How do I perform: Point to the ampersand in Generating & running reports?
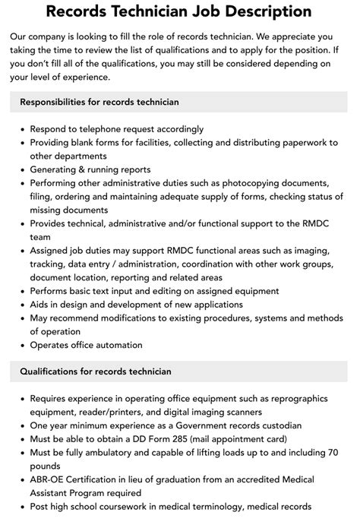tap(87, 169)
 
